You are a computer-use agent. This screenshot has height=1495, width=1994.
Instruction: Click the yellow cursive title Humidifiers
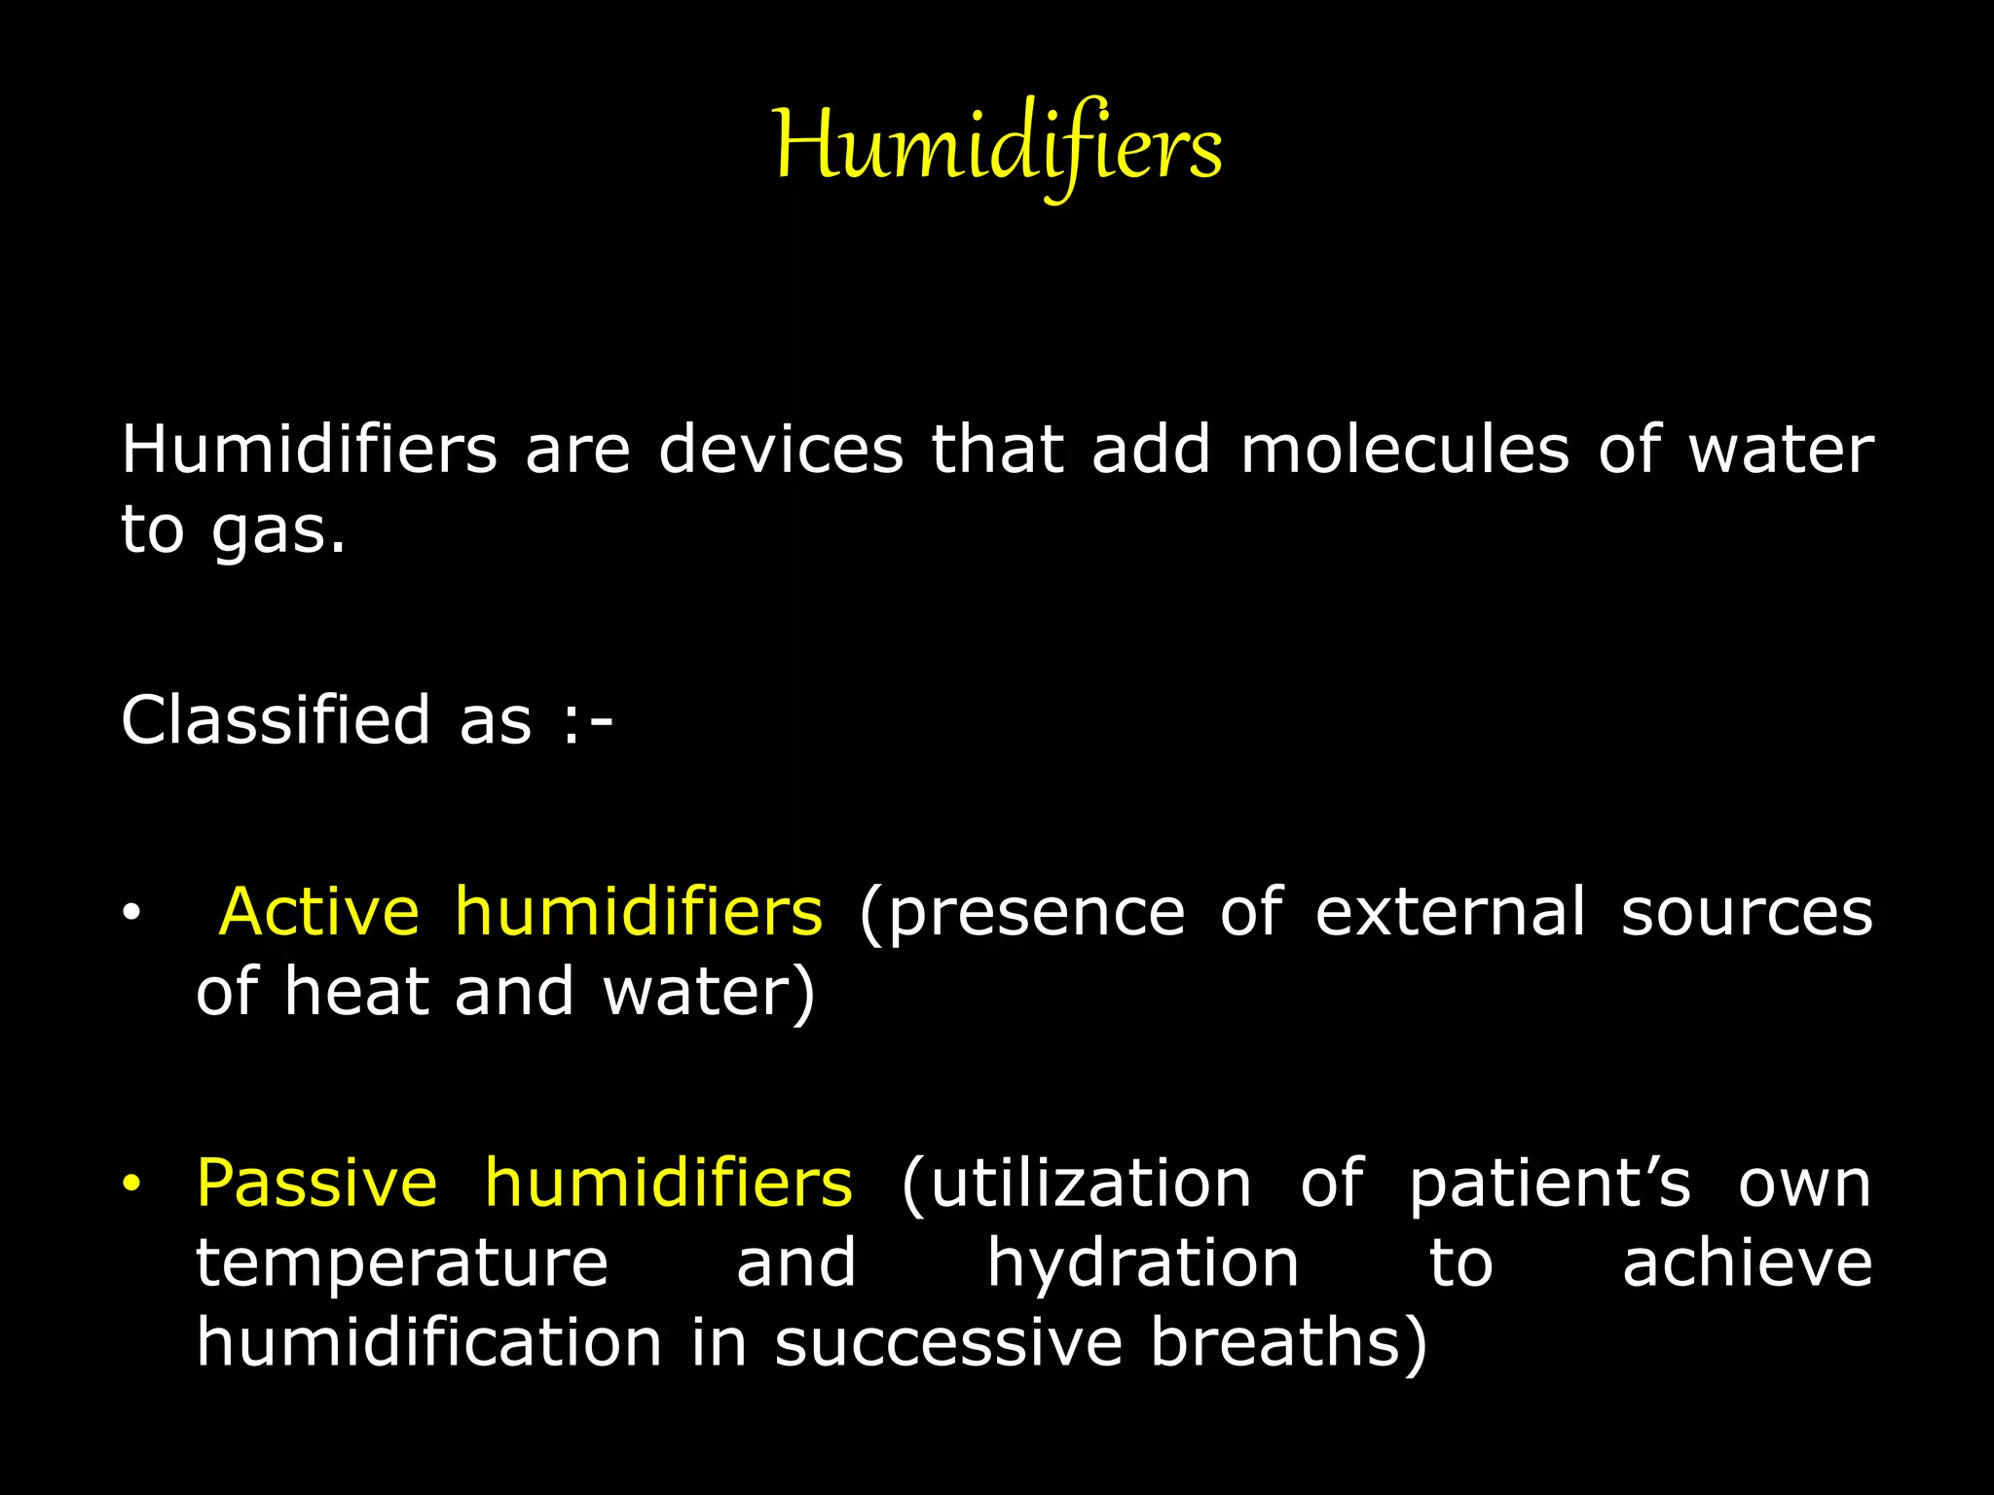[x=997, y=146]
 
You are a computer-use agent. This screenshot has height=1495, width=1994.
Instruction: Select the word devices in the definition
[x=781, y=450]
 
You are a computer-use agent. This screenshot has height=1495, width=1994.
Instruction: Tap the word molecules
[x=1405, y=450]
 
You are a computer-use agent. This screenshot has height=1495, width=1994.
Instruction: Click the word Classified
[x=276, y=720]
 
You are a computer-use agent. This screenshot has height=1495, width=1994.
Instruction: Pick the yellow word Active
[x=319, y=912]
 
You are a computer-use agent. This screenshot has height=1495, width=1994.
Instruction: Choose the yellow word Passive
[x=316, y=1184]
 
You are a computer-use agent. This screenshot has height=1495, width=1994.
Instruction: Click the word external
[x=1450, y=912]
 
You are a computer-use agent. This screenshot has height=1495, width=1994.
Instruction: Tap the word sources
[x=1747, y=914]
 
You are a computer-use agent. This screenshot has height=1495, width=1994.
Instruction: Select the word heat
[x=356, y=992]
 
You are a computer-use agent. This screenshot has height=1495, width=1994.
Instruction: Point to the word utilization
[x=1077, y=1185]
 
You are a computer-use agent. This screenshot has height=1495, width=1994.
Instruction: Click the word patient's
[x=1550, y=1185]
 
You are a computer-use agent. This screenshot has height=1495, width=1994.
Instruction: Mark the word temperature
[x=402, y=1264]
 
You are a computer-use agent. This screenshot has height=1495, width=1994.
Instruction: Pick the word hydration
[x=1143, y=1264]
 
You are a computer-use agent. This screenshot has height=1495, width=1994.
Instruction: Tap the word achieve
[x=1747, y=1263]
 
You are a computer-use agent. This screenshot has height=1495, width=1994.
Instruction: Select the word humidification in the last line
[x=429, y=1342]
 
